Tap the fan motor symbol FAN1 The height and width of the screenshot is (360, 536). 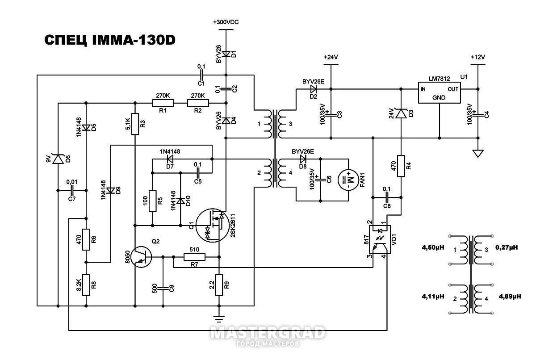[x=348, y=181]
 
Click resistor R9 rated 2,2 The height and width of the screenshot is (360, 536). [x=219, y=285]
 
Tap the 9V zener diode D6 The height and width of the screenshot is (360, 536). [x=58, y=159]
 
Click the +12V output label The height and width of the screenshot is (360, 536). [x=477, y=57]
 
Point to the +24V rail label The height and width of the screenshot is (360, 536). [x=331, y=57]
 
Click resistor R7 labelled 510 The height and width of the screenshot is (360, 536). [x=194, y=257]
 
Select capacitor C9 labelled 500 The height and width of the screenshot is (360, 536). [x=163, y=289]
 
